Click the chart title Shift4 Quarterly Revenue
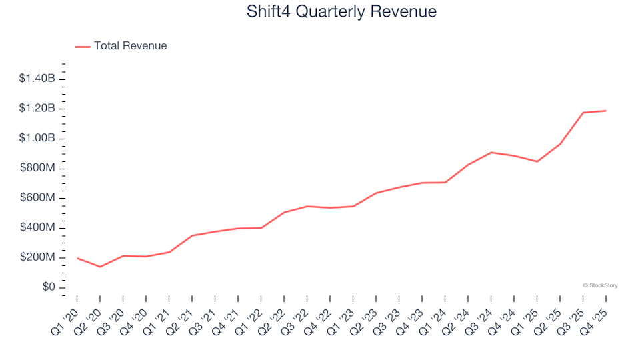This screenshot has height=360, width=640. (x=341, y=11)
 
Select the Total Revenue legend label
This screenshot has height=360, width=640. (x=130, y=46)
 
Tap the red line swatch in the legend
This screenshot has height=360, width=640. (x=83, y=47)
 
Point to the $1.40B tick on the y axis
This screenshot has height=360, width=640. (x=38, y=79)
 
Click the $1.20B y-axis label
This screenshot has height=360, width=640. (x=38, y=109)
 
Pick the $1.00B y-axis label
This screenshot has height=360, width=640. (x=38, y=139)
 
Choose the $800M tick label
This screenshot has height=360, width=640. (x=39, y=168)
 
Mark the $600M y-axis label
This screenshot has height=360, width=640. (x=39, y=198)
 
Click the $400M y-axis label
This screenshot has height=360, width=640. (x=39, y=228)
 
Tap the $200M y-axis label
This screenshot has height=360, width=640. (x=39, y=258)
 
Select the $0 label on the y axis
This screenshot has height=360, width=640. (x=47, y=287)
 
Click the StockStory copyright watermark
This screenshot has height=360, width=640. (x=600, y=285)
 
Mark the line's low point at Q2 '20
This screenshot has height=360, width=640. (x=100, y=267)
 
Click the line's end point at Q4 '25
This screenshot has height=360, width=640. (x=605, y=111)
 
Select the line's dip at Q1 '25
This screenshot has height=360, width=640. (x=537, y=161)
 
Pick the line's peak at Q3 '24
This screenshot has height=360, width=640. (x=491, y=153)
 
